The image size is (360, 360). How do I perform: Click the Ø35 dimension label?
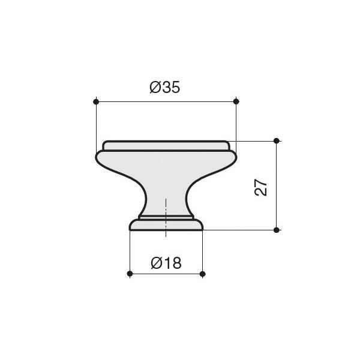coord(164,87)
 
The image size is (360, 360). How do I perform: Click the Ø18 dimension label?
coord(166,263)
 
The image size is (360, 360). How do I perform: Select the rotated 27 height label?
coord(261,187)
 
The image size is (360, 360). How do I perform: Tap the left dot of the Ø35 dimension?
coord(96,101)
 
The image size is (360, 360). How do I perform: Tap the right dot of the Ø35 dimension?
coord(236,101)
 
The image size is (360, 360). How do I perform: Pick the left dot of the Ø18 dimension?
coord(130,274)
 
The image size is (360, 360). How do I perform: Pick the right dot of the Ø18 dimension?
coord(203,274)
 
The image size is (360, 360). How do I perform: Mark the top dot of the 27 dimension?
coord(277,141)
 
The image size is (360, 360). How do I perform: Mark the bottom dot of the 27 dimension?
coord(277,230)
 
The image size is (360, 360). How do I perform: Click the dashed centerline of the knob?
coord(166,218)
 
